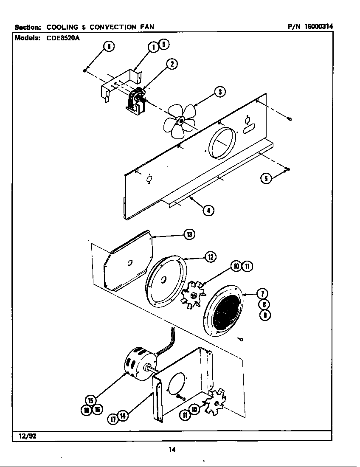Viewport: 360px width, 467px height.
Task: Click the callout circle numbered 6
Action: point(109,48)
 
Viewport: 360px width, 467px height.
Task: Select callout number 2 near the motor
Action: point(171,64)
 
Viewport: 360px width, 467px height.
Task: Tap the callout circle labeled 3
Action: point(219,91)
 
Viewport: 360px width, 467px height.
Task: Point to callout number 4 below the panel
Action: point(208,210)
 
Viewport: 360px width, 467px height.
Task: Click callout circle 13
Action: point(189,234)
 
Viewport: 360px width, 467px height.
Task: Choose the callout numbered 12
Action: point(210,256)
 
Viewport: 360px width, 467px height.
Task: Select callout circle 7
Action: point(264,294)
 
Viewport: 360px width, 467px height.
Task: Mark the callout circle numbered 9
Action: point(264,315)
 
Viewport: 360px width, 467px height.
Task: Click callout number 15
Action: point(90,400)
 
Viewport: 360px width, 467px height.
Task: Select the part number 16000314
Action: point(318,26)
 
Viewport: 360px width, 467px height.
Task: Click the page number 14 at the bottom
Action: point(172,450)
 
